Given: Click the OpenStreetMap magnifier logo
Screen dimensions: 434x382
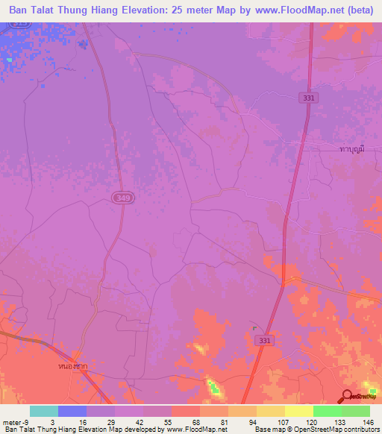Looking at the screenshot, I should point(346,396).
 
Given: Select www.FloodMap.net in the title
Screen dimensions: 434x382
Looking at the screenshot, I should point(297,10).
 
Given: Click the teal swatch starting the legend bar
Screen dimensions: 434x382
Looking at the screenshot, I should point(44,411).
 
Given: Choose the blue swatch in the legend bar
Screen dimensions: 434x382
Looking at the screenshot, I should point(72,411).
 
